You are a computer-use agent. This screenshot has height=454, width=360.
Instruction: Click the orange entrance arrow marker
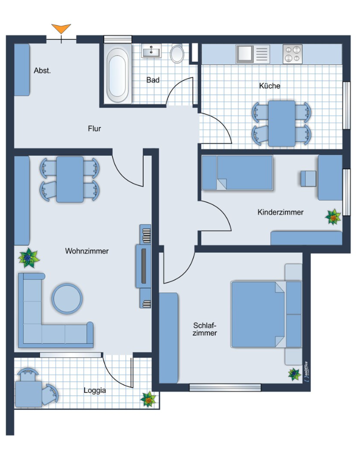click(x=61, y=29)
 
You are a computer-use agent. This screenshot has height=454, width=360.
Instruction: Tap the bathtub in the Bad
click(x=117, y=73)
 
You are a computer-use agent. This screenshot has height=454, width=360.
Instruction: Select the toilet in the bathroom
click(x=177, y=53)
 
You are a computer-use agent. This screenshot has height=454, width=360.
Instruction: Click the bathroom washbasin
click(x=151, y=51)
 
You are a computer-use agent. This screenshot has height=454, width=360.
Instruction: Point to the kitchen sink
click(x=253, y=54)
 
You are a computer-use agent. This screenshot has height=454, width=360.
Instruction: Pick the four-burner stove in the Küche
click(x=293, y=54)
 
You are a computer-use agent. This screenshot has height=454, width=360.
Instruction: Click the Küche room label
click(x=270, y=86)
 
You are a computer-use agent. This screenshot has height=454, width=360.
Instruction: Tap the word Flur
click(x=94, y=128)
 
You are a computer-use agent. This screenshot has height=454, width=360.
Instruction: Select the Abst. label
click(x=42, y=70)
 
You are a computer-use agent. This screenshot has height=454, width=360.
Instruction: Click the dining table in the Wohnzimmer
click(x=70, y=179)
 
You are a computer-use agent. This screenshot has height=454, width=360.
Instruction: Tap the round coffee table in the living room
click(x=67, y=298)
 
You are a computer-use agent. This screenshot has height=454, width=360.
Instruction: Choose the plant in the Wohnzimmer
click(x=28, y=258)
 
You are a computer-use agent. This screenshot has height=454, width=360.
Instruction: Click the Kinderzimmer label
click(x=280, y=212)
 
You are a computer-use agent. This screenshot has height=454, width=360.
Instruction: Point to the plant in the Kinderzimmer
click(x=333, y=217)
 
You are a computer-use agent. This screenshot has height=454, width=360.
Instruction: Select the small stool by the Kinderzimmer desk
click(x=309, y=178)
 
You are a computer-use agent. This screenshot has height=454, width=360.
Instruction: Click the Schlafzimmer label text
click(x=205, y=329)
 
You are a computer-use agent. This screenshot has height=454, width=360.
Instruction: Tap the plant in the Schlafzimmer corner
click(x=295, y=374)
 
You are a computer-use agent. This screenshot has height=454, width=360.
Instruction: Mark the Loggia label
click(x=94, y=390)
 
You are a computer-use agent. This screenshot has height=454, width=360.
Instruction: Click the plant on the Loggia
click(x=148, y=399)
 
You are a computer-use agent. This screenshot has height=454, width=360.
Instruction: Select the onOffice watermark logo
click(x=306, y=371)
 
